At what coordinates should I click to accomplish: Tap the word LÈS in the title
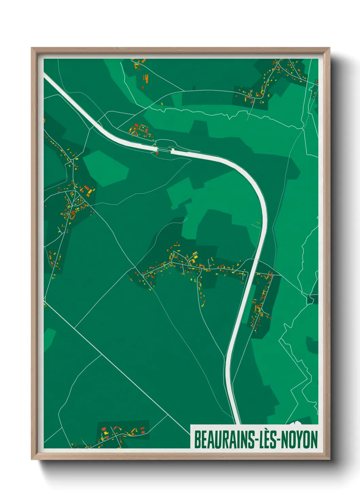tap(267, 440)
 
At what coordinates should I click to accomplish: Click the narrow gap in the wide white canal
tap(164, 150)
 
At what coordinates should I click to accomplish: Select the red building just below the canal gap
tap(157, 154)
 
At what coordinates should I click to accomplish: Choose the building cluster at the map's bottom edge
tap(119, 434)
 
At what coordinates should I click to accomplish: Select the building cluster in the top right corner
tap(272, 80)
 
